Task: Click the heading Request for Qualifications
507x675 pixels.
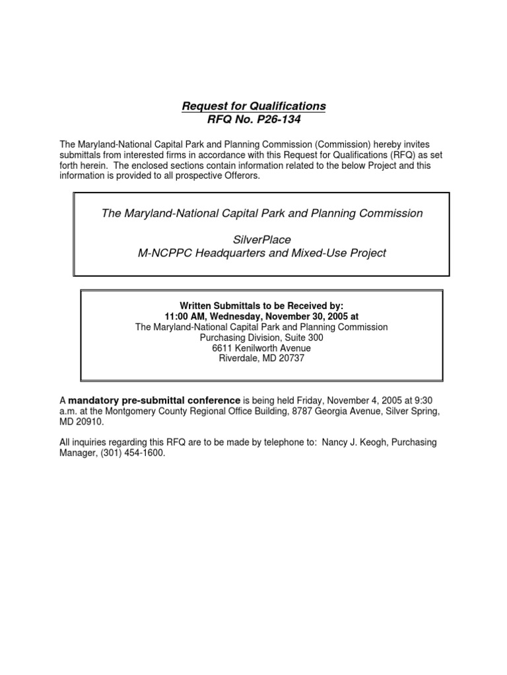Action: [254, 105]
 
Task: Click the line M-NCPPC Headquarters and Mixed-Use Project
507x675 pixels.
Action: [261, 254]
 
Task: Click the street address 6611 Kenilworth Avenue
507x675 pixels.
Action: [261, 348]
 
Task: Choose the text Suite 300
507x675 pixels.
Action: [305, 337]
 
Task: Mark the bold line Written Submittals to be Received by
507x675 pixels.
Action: [261, 306]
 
